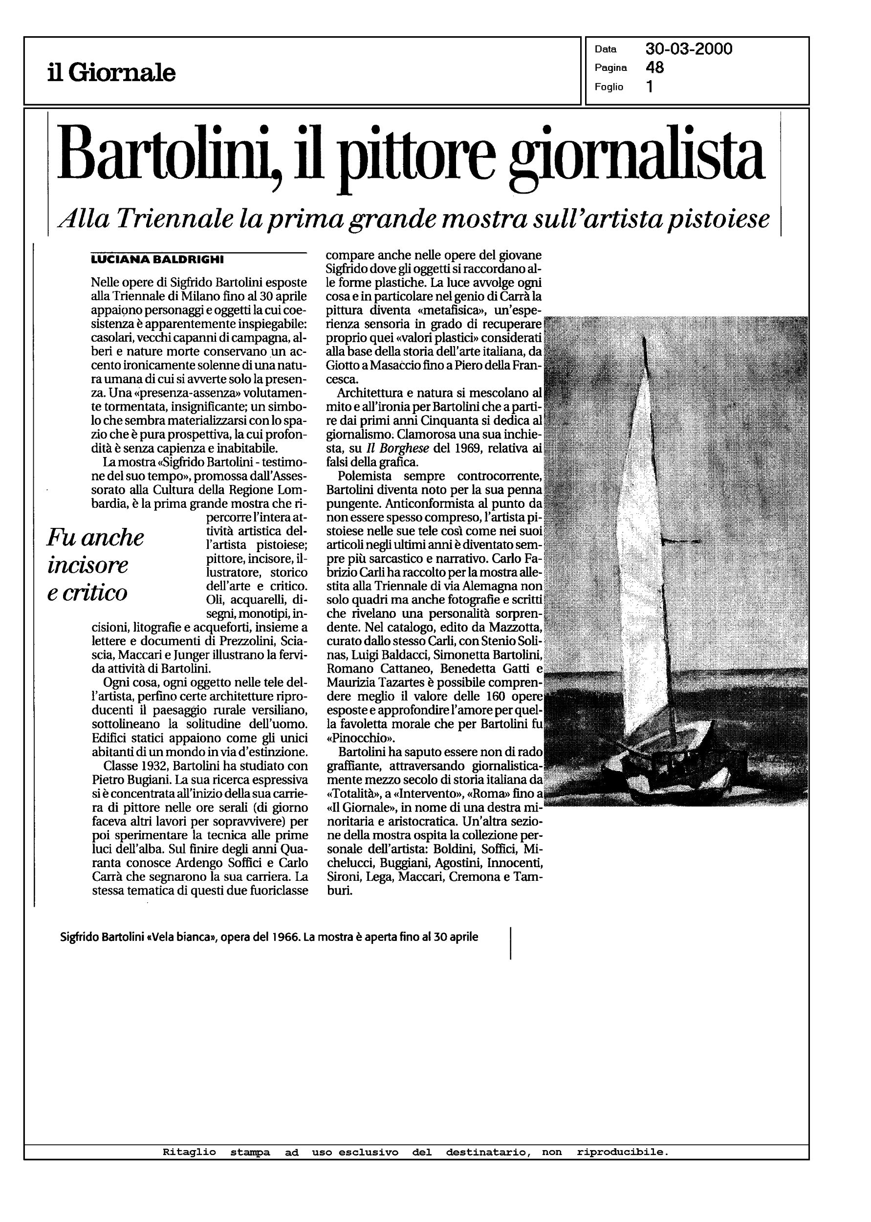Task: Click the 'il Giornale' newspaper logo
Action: (111, 72)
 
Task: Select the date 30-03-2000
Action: (689, 49)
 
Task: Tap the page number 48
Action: (655, 67)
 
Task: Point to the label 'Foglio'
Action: (609, 87)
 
